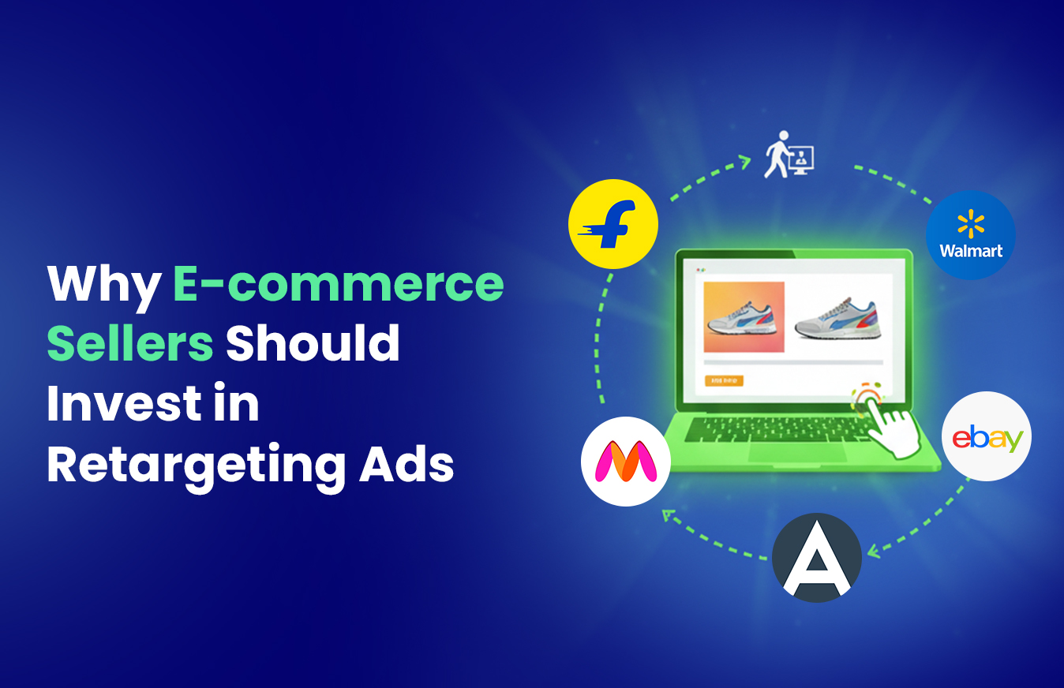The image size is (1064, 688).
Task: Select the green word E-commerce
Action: point(338,284)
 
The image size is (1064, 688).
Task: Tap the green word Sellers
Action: point(130,344)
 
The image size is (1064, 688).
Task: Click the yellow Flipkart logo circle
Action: point(613,224)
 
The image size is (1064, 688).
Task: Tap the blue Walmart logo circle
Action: point(970,234)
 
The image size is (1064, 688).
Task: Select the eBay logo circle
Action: point(987,436)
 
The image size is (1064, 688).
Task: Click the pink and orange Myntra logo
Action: point(626,462)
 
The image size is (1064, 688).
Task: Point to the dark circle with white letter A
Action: point(816,558)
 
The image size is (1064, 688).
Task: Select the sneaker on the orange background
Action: point(744,317)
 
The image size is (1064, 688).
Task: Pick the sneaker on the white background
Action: point(837,319)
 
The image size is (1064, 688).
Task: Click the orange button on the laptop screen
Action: point(723,380)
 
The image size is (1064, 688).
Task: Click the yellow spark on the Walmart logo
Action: point(970,224)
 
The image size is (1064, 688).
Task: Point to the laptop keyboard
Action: point(781,428)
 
